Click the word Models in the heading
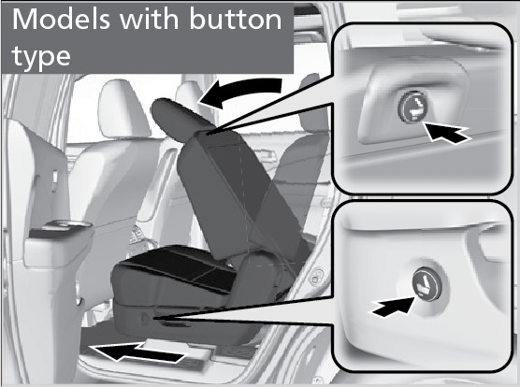(62, 20)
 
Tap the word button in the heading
(236, 20)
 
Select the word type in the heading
(41, 57)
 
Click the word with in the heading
(150, 20)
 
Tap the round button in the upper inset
(412, 107)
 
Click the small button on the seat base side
(145, 318)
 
